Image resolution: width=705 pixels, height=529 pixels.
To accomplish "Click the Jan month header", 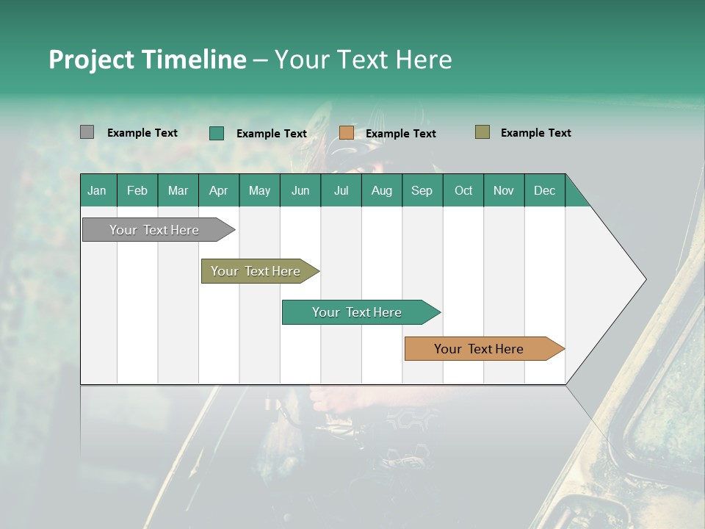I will click(98, 190).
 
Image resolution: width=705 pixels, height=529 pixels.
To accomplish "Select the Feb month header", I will click(137, 190).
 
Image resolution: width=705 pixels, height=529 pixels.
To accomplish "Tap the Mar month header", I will click(178, 190).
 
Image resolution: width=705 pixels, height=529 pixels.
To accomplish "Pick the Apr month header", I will click(219, 190).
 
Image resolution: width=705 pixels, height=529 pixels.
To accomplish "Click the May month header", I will click(259, 190).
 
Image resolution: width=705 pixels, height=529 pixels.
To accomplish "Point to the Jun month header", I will click(300, 190).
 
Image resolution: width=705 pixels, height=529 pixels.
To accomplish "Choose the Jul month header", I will click(341, 190).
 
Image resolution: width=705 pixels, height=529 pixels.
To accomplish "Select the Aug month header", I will click(382, 190).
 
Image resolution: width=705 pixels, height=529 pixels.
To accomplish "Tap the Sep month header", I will click(422, 190).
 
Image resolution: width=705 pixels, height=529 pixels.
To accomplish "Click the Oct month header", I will click(463, 190).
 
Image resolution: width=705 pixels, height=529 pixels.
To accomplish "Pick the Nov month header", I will click(504, 190).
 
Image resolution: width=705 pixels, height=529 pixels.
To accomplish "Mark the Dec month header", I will click(545, 190).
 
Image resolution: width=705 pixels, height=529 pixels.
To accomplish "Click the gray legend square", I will click(87, 132).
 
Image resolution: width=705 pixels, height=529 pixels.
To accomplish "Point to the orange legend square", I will click(347, 133).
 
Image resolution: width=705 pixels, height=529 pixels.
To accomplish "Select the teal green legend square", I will click(217, 133).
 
